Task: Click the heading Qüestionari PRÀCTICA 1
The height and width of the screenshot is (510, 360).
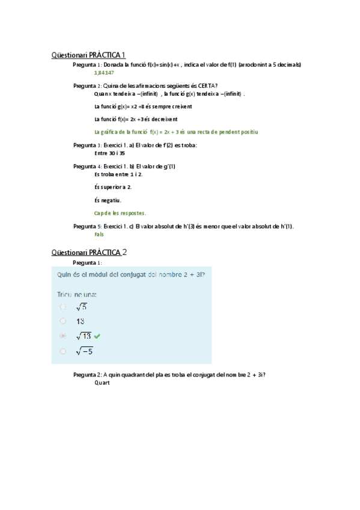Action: coord(88,55)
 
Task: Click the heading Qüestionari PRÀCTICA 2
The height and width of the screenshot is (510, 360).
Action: coord(88,251)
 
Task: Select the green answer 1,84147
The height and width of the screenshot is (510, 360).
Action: coord(104,72)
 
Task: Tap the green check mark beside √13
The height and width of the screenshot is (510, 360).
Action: coord(97,336)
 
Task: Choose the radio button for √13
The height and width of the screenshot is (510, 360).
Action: coord(63,336)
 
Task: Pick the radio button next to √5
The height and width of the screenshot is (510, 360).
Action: coord(63,307)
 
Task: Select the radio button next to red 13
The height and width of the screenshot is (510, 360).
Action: coord(63,321)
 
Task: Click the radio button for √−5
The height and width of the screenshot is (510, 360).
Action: coord(63,351)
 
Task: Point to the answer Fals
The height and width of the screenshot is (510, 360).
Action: coord(100,235)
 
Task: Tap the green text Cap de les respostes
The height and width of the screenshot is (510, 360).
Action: coord(120,213)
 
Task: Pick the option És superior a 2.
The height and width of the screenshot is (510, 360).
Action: coord(114,187)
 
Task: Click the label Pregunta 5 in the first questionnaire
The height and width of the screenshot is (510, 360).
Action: coord(87,226)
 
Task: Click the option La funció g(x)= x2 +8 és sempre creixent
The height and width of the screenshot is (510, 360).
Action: coord(144,106)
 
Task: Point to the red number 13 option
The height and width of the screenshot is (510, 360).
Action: coord(80,321)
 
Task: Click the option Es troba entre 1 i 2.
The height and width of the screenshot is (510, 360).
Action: coord(119,174)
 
